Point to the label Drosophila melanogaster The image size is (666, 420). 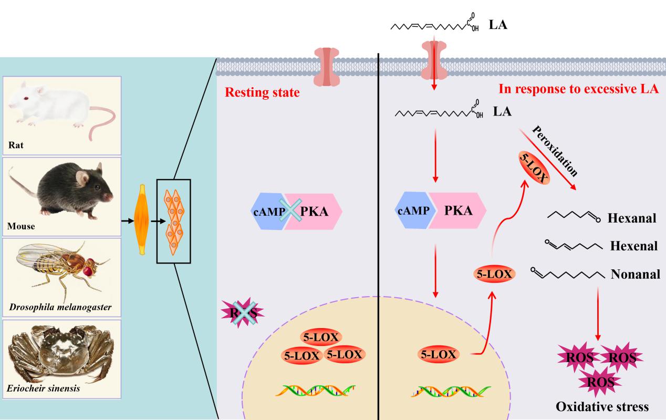pyautogui.click(x=59, y=307)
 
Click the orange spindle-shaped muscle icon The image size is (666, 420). pyautogui.click(x=141, y=220)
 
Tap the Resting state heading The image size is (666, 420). pyautogui.click(x=262, y=93)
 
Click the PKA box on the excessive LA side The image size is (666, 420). pyautogui.click(x=457, y=211)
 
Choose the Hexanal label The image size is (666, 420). pyautogui.click(x=631, y=218)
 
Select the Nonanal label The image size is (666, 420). pyautogui.click(x=635, y=274)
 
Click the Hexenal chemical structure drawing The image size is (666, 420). pyautogui.click(x=569, y=245)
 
